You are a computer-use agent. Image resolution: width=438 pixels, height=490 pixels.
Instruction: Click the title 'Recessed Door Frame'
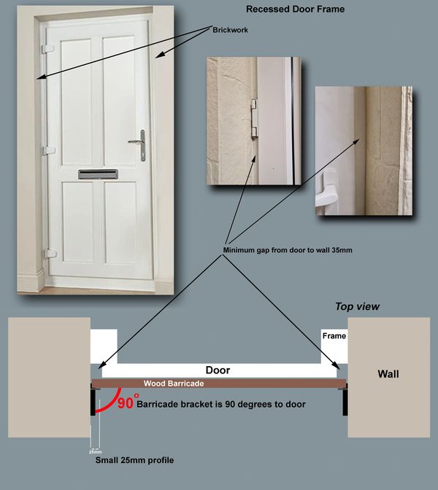pos(295,9)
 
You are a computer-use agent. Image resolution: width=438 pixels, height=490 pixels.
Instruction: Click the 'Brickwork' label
pos(231,31)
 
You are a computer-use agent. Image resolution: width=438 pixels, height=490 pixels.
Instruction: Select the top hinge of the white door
pos(49,49)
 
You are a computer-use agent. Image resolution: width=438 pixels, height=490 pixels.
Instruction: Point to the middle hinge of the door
pos(49,150)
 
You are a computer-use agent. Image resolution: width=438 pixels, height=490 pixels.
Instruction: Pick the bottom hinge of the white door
pos(50,253)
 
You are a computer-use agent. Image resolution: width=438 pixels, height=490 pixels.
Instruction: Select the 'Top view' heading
pos(357,307)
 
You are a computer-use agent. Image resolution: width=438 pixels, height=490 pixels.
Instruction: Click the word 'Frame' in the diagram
pos(334,336)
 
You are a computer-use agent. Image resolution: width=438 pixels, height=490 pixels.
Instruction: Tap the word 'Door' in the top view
pos(218,370)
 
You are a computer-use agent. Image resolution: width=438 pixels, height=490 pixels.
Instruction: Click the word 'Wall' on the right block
pos(388,374)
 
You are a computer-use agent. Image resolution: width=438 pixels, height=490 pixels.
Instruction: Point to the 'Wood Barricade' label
pos(173,384)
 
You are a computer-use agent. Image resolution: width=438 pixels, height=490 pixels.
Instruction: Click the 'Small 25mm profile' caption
pos(135,460)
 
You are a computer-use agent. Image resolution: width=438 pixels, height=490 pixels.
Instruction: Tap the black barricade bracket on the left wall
pos(92,402)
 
